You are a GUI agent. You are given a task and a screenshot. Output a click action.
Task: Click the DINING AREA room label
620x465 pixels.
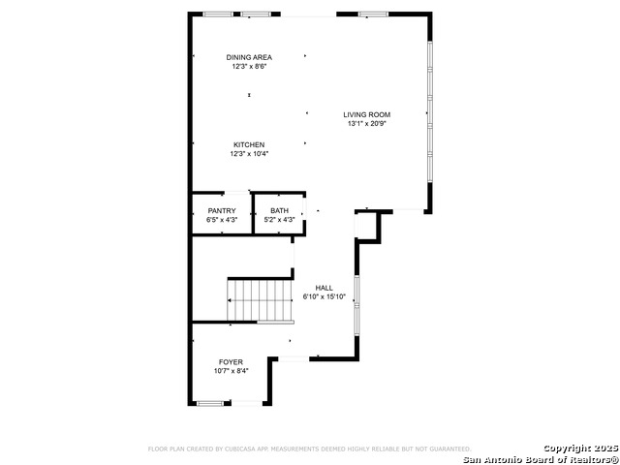249,57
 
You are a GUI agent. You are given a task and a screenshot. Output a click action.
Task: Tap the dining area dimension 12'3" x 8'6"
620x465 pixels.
249,67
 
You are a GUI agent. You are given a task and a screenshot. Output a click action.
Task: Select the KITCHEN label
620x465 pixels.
249,144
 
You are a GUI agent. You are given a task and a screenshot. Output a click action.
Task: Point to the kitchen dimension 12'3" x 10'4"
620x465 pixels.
249,154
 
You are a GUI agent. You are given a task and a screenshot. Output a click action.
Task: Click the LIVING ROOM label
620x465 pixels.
366,114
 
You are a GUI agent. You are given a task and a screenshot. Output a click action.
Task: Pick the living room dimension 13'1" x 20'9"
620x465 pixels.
366,124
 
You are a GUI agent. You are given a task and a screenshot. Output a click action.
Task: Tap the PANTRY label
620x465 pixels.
222,211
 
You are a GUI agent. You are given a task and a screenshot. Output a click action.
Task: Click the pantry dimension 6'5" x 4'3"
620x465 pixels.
222,220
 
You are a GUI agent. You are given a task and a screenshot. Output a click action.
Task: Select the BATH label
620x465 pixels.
280,211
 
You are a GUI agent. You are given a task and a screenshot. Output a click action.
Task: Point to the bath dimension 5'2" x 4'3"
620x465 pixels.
280,220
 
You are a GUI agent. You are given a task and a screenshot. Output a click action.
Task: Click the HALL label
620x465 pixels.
325,288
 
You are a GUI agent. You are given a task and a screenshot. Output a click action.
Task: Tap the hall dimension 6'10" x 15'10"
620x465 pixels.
325,297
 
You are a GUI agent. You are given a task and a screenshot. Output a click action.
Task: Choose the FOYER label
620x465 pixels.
231,362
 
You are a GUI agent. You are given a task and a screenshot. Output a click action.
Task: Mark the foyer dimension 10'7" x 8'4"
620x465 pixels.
231,371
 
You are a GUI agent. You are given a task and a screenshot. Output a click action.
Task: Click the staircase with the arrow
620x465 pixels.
260,300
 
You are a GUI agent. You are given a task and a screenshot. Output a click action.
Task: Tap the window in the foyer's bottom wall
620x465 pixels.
210,403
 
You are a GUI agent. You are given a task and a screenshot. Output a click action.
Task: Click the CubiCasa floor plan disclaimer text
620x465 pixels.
310,449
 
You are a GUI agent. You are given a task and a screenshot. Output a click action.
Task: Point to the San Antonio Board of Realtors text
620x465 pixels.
542,459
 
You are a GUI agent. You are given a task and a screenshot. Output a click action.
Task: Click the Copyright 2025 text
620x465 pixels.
580,449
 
